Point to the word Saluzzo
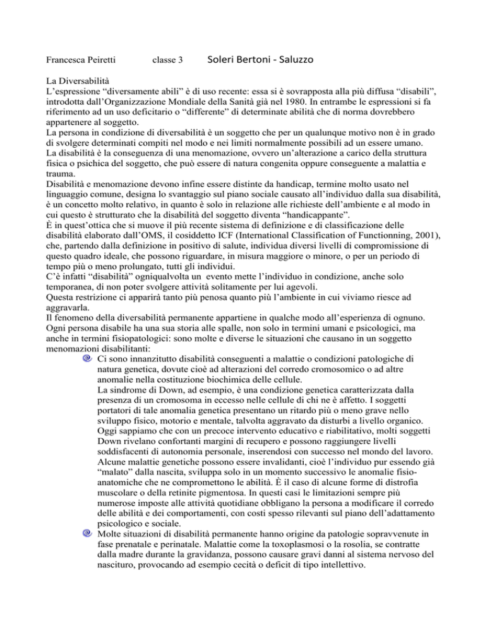295,60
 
